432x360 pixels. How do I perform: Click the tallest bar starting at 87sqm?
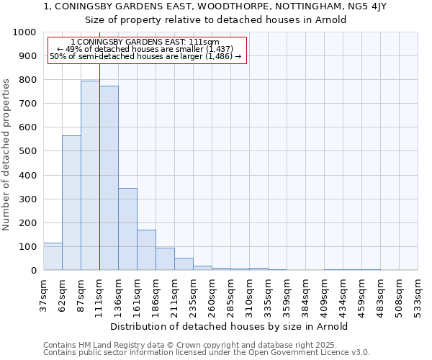pos(90,176)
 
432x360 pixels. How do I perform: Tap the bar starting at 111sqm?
pos(109,178)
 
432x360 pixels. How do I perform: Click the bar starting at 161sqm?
pos(146,250)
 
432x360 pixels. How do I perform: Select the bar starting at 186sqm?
pos(165,259)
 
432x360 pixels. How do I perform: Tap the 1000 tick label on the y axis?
pos(24,32)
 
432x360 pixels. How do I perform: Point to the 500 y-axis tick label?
pos(27,151)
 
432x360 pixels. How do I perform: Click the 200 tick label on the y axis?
pos(27,222)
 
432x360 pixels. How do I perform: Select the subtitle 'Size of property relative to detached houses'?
pos(215,19)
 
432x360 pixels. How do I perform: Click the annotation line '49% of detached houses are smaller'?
pos(147,49)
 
